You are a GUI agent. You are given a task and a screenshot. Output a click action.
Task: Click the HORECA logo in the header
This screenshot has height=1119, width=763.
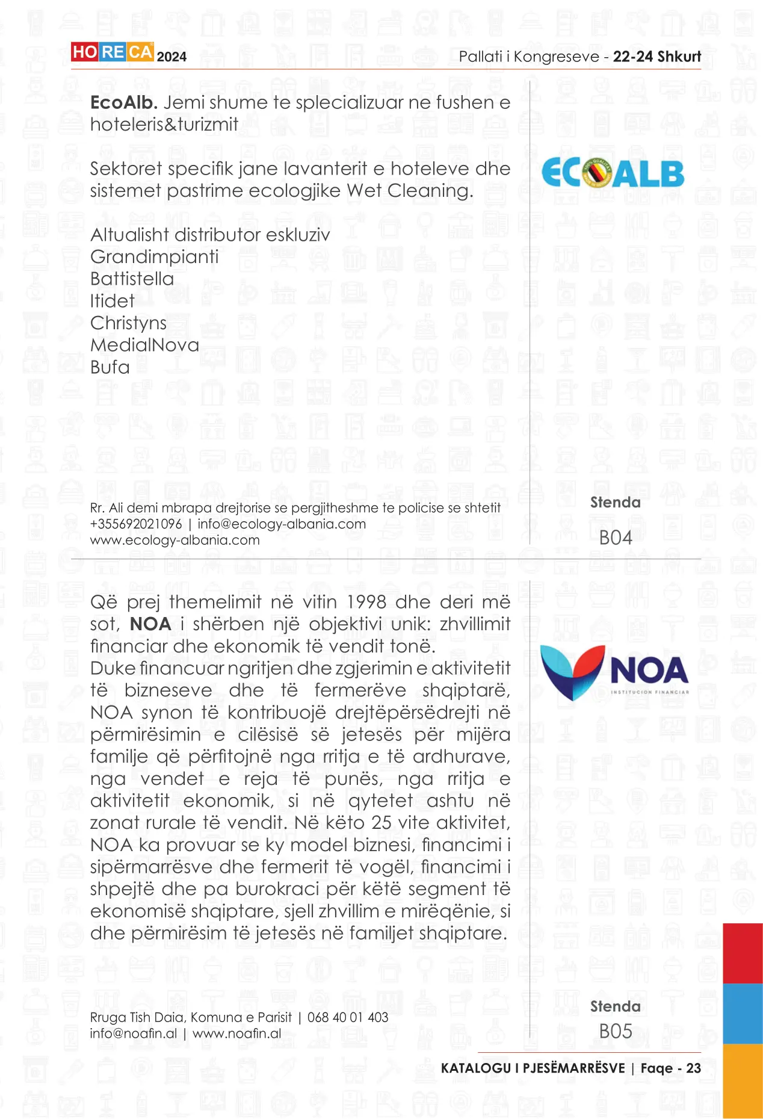112,52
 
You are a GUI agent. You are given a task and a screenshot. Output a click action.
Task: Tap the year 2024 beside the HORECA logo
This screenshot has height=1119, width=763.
171,57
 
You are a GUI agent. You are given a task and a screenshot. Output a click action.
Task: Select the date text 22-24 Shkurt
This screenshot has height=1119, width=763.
657,57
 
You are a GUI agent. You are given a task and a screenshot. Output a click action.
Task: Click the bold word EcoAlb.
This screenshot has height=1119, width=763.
123,103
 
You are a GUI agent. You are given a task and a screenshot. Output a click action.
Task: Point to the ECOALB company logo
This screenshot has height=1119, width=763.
613,173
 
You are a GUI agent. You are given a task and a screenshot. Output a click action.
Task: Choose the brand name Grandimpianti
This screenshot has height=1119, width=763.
154,257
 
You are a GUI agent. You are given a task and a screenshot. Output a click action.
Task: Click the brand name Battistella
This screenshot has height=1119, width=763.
132,279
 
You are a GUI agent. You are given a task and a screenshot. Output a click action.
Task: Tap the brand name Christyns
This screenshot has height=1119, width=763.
128,323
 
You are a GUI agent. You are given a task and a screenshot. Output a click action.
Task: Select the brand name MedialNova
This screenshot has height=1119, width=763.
144,346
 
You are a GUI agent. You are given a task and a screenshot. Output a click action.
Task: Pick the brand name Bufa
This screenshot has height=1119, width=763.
110,367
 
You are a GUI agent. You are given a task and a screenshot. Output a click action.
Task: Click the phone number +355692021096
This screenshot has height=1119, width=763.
136,524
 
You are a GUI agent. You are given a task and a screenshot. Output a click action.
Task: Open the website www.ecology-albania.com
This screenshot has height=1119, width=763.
175,541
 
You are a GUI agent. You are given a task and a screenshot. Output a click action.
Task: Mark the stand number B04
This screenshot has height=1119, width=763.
616,538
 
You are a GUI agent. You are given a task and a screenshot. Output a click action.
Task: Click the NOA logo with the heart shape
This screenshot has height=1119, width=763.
614,672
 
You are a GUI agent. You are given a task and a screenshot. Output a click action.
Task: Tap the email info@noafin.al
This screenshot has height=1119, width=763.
134,1034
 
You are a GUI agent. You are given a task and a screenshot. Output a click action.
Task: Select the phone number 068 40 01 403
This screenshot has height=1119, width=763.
348,1018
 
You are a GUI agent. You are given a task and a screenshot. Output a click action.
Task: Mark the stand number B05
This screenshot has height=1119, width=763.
616,1031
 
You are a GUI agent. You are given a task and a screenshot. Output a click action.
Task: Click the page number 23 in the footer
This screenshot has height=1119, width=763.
693,1068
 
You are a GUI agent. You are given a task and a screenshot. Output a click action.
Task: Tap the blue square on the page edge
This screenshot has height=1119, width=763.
743,1014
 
